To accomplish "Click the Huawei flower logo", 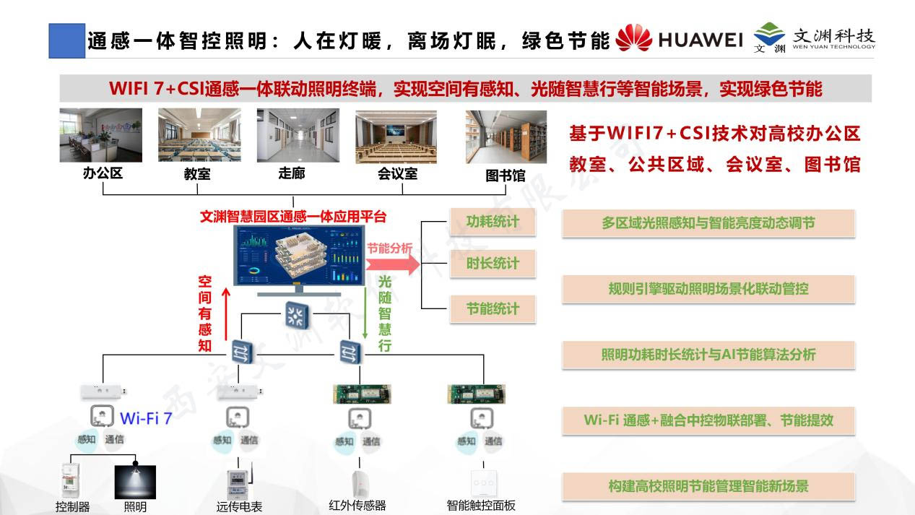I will (634, 39).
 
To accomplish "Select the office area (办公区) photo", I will (100, 136).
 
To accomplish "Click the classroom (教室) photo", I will (199, 136).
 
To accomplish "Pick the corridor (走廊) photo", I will (298, 136).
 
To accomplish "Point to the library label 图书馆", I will (505, 175).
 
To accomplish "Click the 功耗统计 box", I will (493, 222).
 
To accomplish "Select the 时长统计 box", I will (493, 264).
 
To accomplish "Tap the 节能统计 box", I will (493, 308).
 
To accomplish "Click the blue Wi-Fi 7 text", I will (146, 418).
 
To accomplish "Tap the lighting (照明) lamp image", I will (135, 482).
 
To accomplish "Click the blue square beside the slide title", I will (66, 40).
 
